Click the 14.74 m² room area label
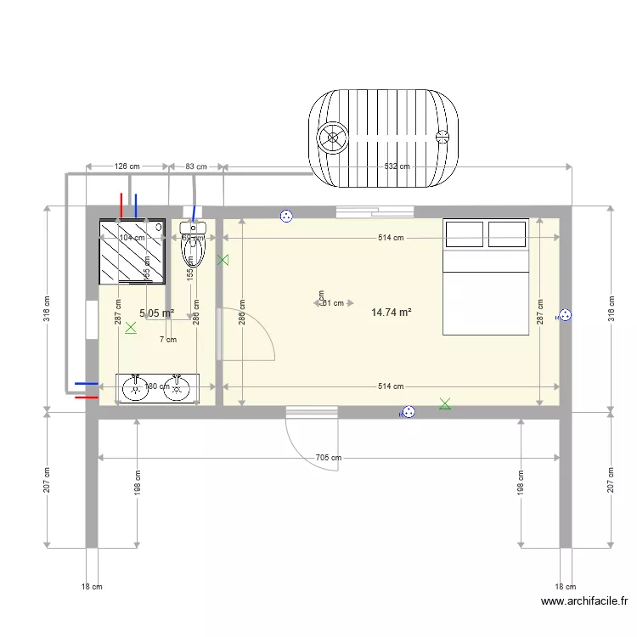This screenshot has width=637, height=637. point(392,313)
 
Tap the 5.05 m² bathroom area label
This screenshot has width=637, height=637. point(156,313)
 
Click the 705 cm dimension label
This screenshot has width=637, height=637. point(328,458)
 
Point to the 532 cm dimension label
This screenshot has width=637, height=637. point(397,166)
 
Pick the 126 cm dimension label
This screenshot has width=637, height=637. point(127,166)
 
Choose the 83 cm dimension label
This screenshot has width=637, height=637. point(195,166)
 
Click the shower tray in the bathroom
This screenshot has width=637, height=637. point(132,251)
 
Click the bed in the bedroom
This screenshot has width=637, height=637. point(486,277)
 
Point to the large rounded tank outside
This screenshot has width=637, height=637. point(384,138)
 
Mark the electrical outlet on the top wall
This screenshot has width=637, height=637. point(286,217)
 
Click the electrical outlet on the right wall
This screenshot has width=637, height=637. point(564,316)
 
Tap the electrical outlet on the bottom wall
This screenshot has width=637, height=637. point(409,413)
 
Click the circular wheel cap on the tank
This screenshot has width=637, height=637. point(331,137)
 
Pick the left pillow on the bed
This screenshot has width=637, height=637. point(465,234)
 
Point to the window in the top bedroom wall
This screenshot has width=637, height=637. point(375,211)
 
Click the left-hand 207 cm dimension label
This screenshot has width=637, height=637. point(48,480)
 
